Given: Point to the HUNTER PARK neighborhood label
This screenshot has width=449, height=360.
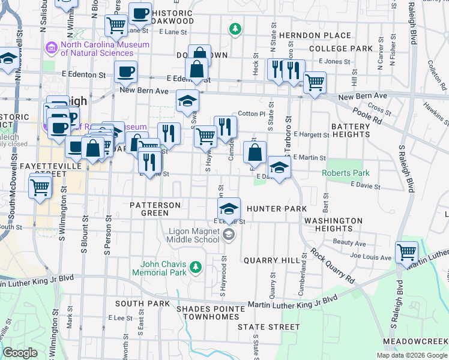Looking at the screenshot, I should [x=276, y=209].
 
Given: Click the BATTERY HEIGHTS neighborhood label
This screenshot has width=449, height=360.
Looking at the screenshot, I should [x=351, y=130].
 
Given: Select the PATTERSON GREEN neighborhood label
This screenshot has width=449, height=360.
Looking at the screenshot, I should [x=155, y=209].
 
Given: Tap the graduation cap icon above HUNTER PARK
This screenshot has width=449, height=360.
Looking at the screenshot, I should [x=228, y=209].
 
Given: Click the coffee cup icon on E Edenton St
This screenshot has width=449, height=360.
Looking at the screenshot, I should [x=126, y=72].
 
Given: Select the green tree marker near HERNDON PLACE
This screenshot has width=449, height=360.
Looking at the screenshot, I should [x=235, y=28].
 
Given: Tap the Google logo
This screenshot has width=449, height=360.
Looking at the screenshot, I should [x=20, y=352].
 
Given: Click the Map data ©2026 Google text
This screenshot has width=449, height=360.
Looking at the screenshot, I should [x=412, y=355].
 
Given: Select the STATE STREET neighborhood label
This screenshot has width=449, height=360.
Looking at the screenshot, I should [x=268, y=327].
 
